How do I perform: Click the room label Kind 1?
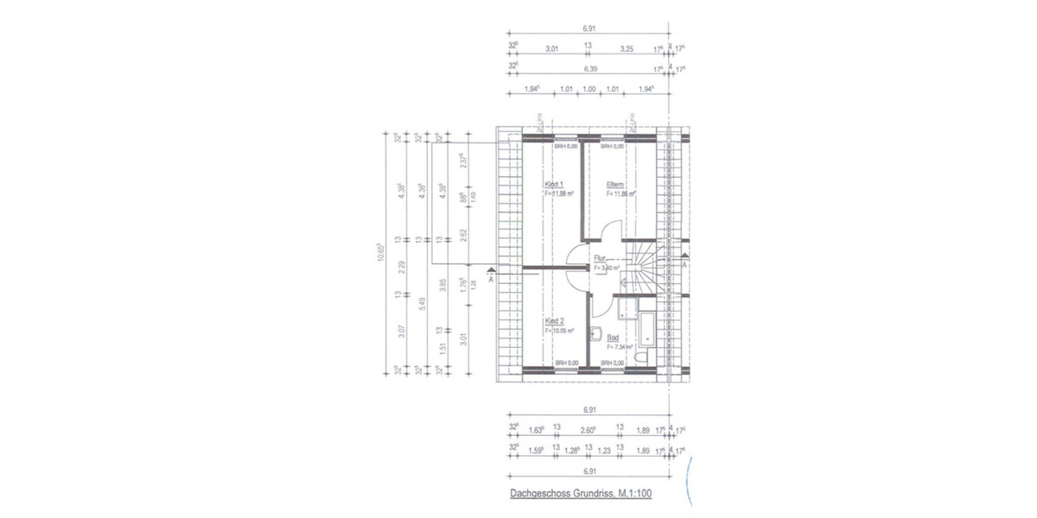pos(554,185)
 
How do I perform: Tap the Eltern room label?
pos(615,185)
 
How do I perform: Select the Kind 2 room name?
pos(554,319)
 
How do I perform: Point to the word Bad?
pos(613,338)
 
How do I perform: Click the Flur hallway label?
pos(600,258)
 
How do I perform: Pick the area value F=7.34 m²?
pos(620,346)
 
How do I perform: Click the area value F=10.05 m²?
pos(559,329)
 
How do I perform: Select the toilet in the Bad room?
pos(639,357)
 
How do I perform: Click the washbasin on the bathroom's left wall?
pos(595,332)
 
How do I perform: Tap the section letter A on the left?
pos(491,279)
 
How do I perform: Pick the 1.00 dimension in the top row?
pos(589,89)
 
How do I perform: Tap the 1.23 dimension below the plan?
pos(604,449)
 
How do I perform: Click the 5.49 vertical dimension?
pos(421,305)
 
